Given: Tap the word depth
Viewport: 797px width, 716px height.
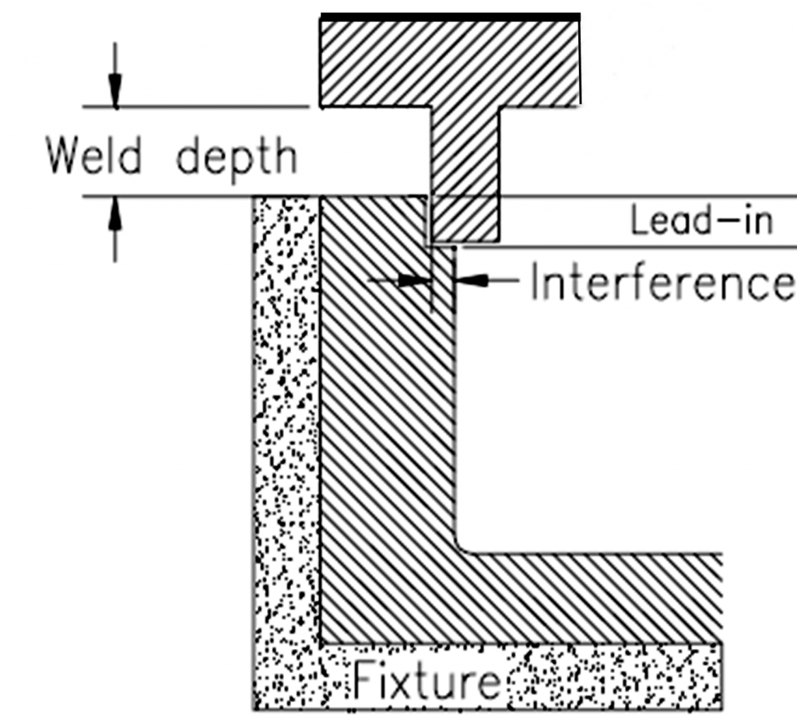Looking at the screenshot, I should (x=237, y=158).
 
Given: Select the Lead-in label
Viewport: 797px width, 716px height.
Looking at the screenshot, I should (x=701, y=221).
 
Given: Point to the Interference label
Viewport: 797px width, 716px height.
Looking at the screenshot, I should (x=662, y=281).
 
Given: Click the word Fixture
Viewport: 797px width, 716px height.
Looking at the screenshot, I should (x=427, y=679).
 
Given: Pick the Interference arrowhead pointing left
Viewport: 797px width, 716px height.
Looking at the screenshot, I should (x=472, y=280).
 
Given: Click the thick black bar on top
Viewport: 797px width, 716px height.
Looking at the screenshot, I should (x=450, y=16).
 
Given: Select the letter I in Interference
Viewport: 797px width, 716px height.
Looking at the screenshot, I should (x=536, y=281).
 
